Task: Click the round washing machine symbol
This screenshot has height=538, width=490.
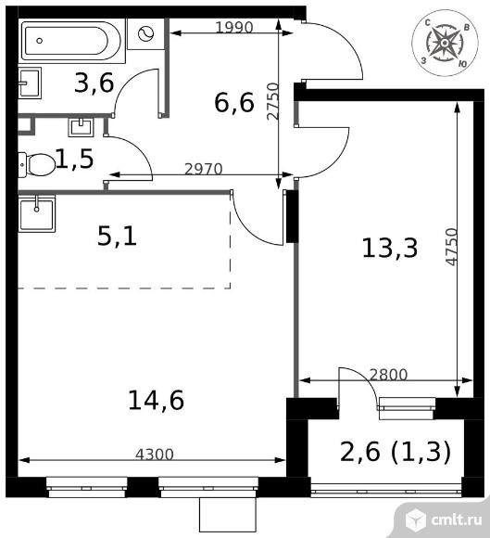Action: point(147,34)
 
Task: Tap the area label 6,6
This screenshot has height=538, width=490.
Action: point(233,101)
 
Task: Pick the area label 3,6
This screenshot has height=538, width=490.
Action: point(94,83)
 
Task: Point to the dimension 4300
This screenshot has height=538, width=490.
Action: point(154,455)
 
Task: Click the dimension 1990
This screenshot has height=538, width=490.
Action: point(233,27)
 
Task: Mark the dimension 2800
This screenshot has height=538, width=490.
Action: point(388,375)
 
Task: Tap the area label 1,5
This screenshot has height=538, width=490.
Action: point(74,160)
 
